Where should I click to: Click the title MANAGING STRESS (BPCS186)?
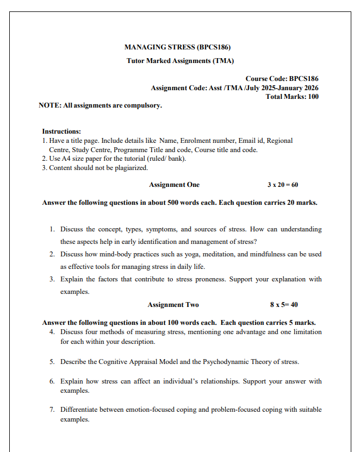180,47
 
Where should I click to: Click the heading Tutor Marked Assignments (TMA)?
180,61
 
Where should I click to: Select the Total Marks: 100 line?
292,97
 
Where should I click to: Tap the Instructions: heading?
61,131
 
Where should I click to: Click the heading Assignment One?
174,185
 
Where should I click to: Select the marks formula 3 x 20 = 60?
283,185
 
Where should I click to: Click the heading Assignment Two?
173,305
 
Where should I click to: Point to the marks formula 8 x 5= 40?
284,305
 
